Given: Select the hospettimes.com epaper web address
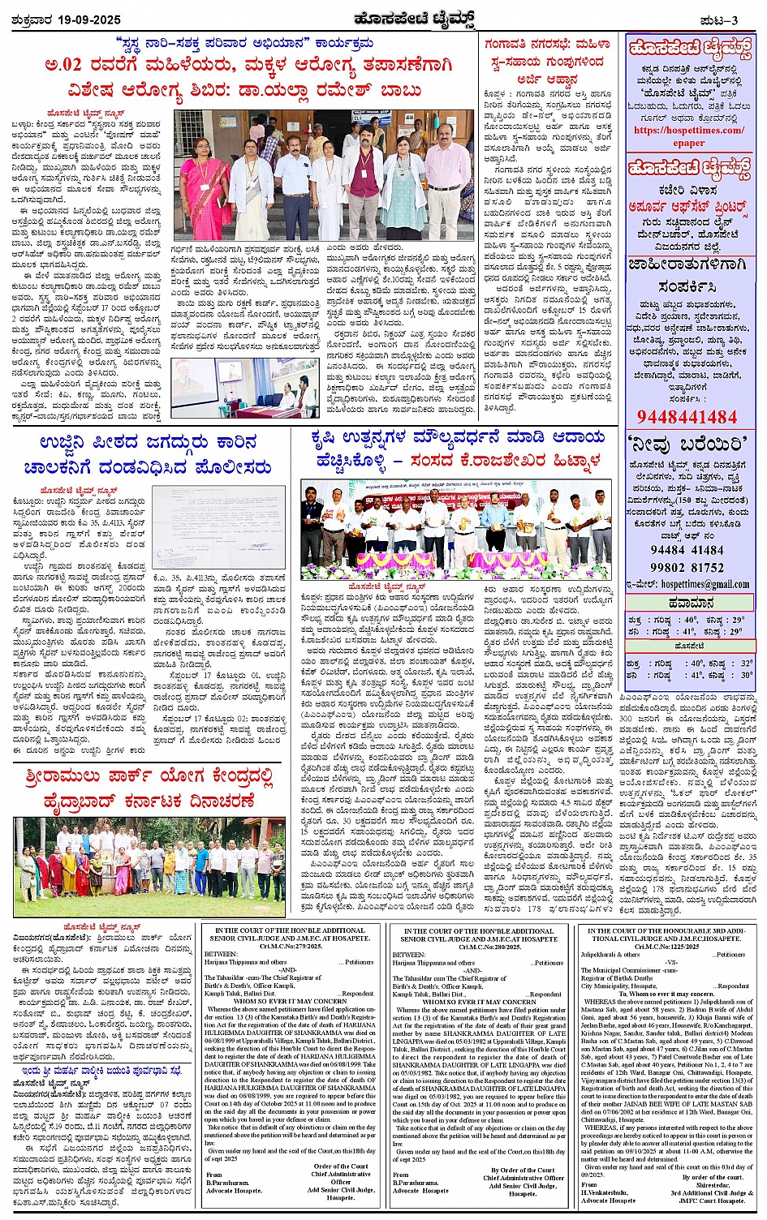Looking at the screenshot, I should (x=688, y=136).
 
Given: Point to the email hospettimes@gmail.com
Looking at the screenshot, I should (x=705, y=583).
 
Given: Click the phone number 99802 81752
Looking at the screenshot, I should (x=687, y=567).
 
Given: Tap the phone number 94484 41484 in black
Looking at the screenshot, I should (x=687, y=550).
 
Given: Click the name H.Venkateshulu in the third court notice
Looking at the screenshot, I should (x=605, y=1192).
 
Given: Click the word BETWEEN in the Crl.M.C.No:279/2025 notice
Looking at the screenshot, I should (x=221, y=955).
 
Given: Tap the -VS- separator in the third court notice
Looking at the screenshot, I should (x=670, y=962).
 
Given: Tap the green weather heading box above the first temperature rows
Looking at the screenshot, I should (x=690, y=603).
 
